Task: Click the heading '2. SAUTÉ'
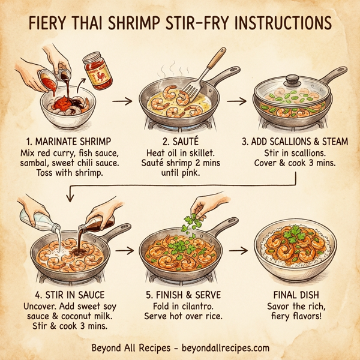pos(179,142)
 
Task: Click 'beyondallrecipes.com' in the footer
pos(221,348)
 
